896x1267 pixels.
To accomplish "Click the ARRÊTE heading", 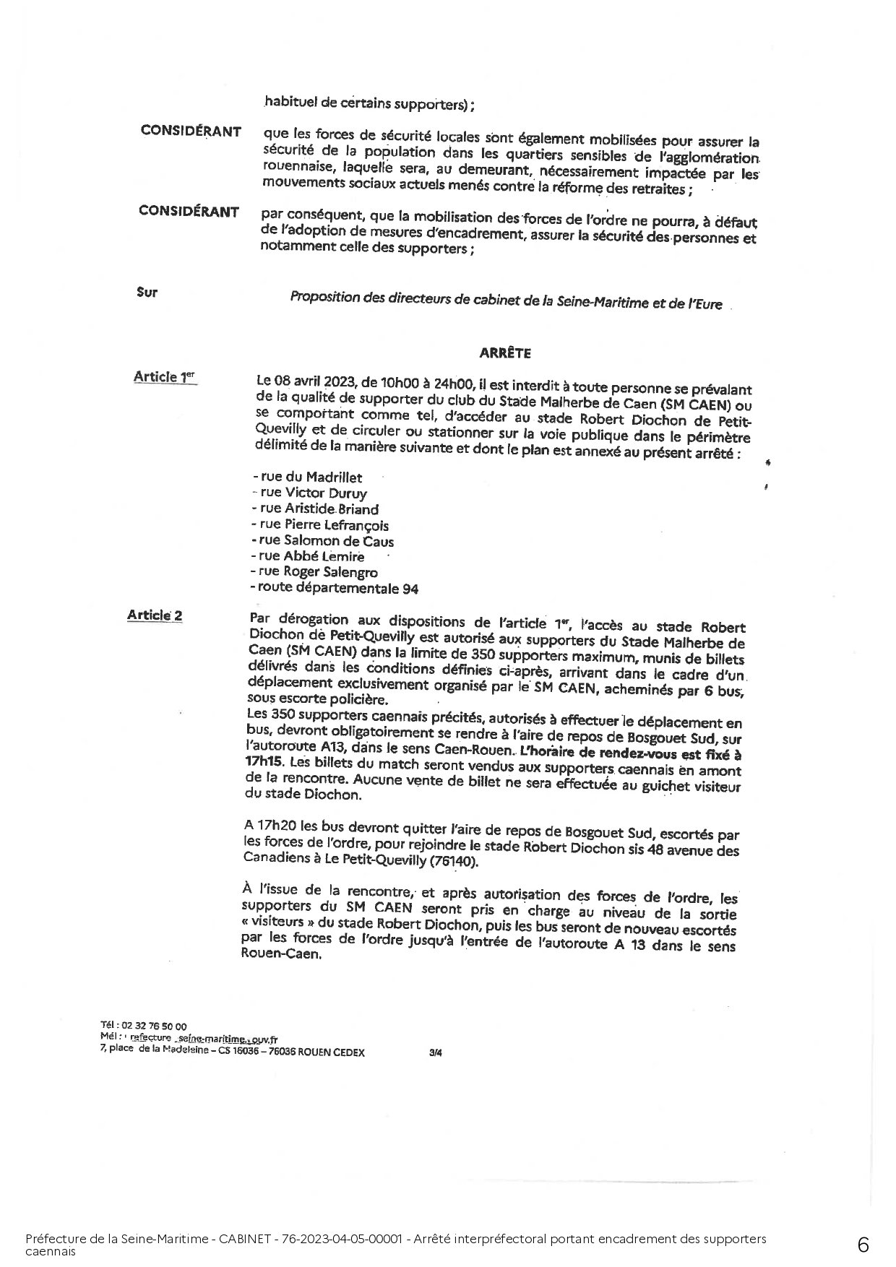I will pos(505,353).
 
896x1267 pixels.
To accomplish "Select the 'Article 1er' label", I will pos(164,376).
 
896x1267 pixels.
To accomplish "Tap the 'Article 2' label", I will pos(155,615).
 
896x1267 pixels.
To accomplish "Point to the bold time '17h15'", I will pos(262,761).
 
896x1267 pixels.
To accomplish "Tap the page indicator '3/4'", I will pos(435,1052).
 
